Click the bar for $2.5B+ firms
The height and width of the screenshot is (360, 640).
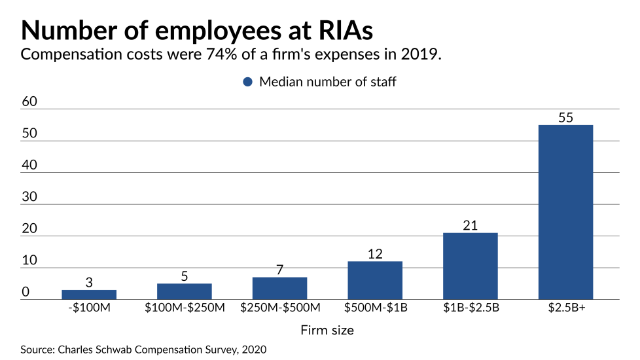pos(565,212)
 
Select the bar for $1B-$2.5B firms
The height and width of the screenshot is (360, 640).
pos(470,266)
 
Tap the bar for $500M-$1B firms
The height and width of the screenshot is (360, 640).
pos(375,280)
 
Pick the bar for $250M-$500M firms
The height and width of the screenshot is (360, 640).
pos(279,288)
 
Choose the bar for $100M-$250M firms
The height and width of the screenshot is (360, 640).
pos(185,291)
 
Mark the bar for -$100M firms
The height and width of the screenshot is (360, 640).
pos(89,295)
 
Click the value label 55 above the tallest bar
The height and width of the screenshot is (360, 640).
pos(565,118)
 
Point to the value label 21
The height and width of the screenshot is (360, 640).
pos(470,226)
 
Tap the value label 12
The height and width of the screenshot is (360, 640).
pos(375,254)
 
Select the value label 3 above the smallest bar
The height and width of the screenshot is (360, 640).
pos(89,283)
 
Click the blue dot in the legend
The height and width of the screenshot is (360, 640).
pos(247,82)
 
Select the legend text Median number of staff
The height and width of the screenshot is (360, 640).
pos(328,82)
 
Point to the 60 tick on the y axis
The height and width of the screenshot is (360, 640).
pos(30,102)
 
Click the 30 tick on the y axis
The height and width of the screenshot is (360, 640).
pos(30,197)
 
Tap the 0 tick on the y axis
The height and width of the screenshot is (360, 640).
pos(26,292)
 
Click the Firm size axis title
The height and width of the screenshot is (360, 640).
pos(327,331)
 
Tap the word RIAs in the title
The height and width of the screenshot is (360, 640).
pos(340,31)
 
